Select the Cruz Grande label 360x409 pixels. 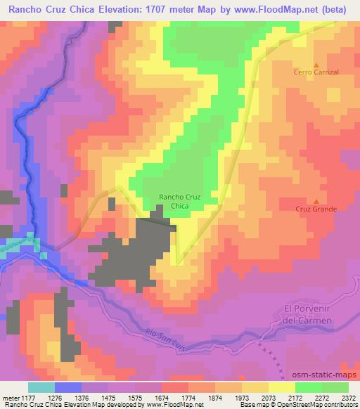[316, 209]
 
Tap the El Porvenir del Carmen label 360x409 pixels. [306, 315]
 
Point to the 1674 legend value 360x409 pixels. [162, 396]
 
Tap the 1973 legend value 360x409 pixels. [242, 396]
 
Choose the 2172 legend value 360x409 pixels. [295, 396]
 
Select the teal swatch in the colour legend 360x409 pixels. [41, 387]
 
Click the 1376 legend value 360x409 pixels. [81, 396]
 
